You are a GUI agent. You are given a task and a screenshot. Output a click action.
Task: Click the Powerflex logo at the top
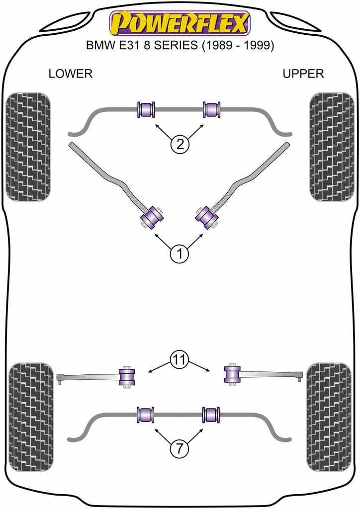tap(180, 22)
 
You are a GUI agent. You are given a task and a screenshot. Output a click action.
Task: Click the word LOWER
tap(71, 74)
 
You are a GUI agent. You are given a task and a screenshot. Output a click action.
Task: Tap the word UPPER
tap(303, 74)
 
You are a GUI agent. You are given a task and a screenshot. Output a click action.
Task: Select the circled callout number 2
tap(180, 145)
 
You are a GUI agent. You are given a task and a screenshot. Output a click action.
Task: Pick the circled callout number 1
tap(180, 254)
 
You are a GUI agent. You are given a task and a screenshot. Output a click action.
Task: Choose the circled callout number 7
tap(180, 449)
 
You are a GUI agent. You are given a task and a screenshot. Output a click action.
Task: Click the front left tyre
tap(28, 147)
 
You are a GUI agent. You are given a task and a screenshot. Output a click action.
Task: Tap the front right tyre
tap(332, 147)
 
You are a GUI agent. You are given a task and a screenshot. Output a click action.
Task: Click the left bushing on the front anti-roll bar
tap(146, 109)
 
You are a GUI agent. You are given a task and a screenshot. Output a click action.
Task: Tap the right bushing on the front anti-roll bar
tap(212, 109)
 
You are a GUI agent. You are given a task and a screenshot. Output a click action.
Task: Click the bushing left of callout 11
tap(127, 376)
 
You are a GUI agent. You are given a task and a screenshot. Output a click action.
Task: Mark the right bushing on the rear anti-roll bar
tap(211, 415)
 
